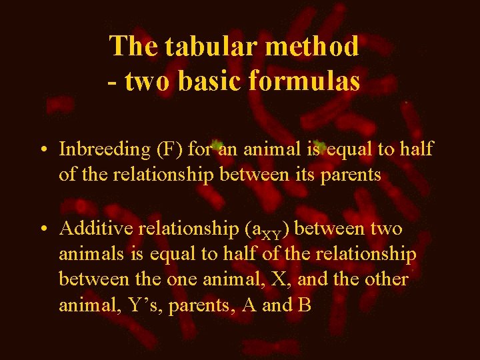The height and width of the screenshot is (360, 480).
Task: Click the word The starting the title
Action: (x=134, y=46)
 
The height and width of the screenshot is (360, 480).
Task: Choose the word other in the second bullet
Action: (x=386, y=279)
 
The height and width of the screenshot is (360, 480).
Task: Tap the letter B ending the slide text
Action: (x=305, y=305)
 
